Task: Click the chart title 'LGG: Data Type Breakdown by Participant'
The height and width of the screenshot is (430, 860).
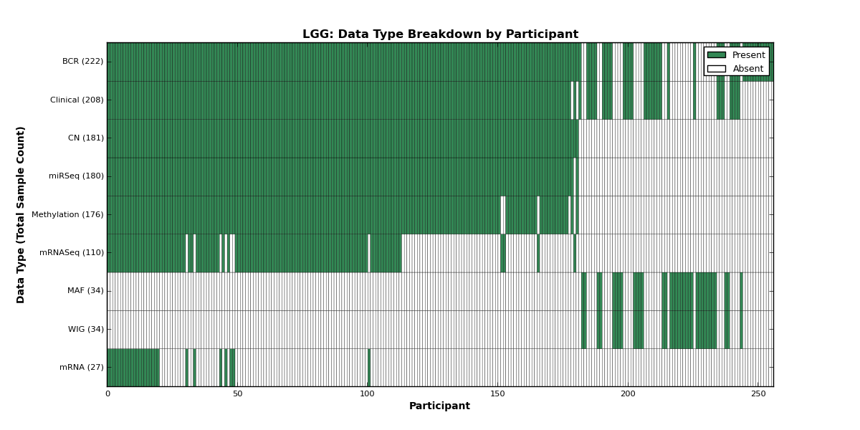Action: click(x=440, y=34)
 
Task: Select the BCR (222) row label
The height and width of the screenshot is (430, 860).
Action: click(x=82, y=62)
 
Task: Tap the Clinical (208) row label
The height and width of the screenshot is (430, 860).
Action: click(x=77, y=100)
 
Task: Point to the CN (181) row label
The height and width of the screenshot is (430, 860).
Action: click(x=85, y=138)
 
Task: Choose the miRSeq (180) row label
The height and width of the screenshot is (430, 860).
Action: click(x=76, y=176)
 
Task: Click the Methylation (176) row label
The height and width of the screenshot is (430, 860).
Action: click(x=67, y=214)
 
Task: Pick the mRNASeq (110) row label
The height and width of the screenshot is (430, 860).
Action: click(x=72, y=252)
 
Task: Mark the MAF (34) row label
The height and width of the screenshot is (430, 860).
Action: click(x=85, y=291)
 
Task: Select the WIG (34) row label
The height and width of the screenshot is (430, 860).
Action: click(x=85, y=329)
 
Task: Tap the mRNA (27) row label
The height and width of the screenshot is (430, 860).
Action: click(x=82, y=367)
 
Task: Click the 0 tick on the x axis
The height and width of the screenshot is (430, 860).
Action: click(x=107, y=393)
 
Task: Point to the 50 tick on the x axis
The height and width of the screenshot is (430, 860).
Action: click(x=237, y=393)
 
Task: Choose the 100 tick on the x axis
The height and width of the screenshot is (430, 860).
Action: click(x=368, y=393)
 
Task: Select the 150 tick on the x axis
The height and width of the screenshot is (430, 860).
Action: click(x=497, y=393)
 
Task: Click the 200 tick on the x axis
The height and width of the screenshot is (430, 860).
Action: click(x=628, y=393)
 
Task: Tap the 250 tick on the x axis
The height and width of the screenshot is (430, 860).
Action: click(x=758, y=393)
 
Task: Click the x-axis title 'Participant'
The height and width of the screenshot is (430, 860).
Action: click(x=439, y=406)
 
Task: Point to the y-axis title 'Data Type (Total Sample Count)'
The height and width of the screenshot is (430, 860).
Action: click(x=20, y=215)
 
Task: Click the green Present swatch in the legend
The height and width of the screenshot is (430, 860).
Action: click(x=717, y=55)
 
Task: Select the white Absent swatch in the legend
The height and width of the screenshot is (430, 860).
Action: click(x=717, y=69)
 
